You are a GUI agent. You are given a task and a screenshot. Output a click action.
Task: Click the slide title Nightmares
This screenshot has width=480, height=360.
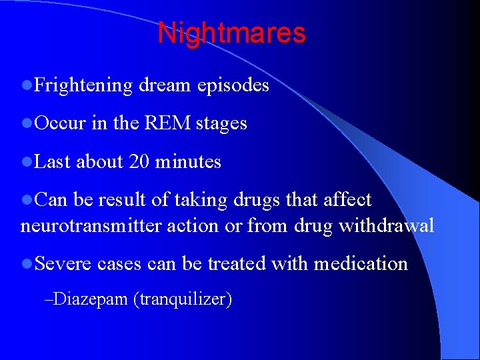coord(231,33)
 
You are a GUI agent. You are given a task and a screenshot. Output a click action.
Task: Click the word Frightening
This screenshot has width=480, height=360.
coord(84,85)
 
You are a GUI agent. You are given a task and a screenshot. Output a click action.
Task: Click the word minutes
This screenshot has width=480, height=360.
coord(188,161)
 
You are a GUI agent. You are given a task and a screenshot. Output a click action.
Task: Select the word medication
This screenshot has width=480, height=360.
coord(361,263)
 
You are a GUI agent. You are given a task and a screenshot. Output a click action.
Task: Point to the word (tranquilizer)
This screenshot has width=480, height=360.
coord(183,300)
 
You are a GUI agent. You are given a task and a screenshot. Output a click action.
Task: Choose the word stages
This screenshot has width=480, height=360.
coord(221,124)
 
